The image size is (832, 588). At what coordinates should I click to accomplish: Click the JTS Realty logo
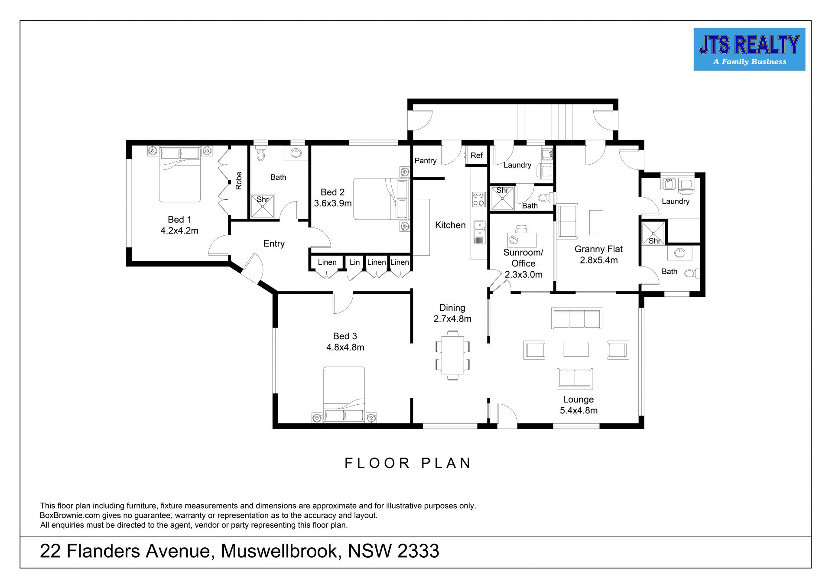[x=749, y=49]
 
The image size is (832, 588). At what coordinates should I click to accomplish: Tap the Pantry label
[x=426, y=161]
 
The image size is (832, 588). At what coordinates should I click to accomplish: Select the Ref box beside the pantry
[x=477, y=156]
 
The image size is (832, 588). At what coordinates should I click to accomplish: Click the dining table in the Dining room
[x=452, y=355]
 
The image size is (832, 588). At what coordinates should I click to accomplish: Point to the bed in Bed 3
[x=344, y=394]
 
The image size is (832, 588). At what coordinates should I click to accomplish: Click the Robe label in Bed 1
[x=239, y=180]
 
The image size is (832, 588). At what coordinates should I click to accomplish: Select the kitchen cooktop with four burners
[x=478, y=199]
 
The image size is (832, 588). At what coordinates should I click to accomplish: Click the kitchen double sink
[x=478, y=232]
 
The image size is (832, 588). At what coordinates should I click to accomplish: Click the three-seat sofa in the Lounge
[x=576, y=318]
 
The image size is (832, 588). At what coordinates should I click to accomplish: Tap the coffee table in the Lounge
[x=576, y=349]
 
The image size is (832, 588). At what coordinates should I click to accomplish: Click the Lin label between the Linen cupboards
[x=354, y=262]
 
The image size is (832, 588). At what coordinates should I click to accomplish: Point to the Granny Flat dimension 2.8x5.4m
[x=599, y=260]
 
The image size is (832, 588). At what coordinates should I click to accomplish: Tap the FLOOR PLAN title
[x=408, y=463]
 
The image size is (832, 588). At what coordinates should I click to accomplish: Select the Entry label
[x=274, y=244]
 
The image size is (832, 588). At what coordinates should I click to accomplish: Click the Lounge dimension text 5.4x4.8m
[x=578, y=411]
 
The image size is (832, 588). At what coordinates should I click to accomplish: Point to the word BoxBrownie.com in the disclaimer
[x=70, y=516]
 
